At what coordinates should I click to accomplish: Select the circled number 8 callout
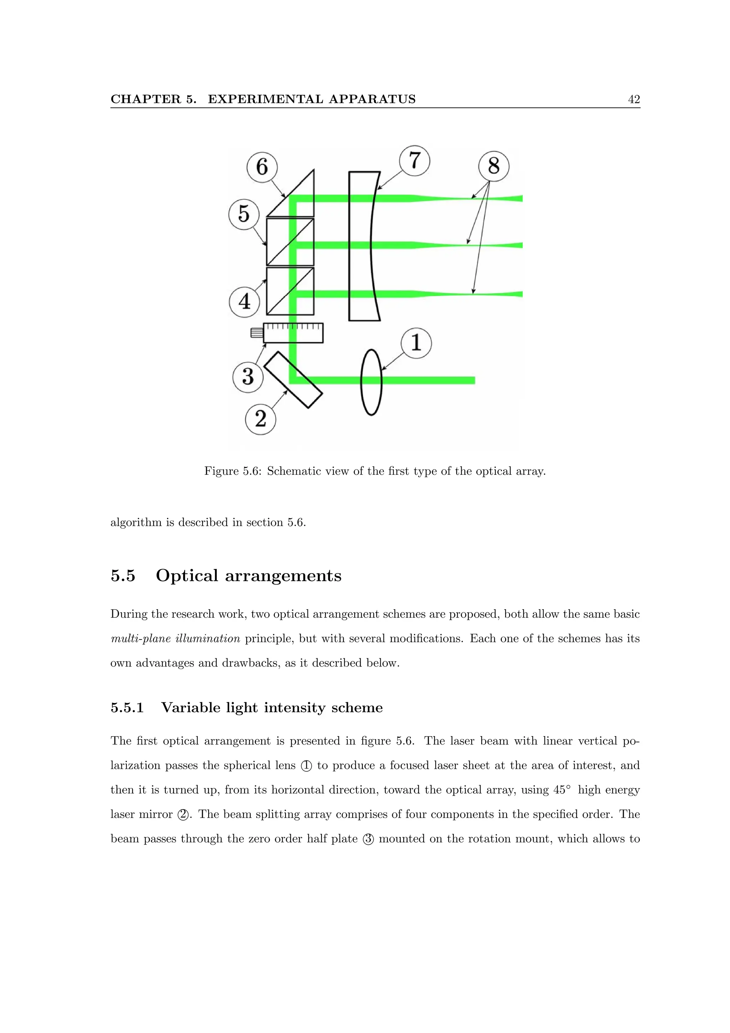pyautogui.click(x=493, y=166)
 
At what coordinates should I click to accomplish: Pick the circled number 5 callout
pyautogui.click(x=244, y=214)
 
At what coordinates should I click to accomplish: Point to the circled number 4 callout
pyautogui.click(x=244, y=302)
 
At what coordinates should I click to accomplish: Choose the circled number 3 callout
pyautogui.click(x=248, y=376)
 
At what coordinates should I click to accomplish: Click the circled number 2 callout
pyautogui.click(x=261, y=419)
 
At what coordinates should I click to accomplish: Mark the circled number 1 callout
pyautogui.click(x=416, y=343)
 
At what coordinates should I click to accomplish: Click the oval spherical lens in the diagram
pyautogui.click(x=371, y=382)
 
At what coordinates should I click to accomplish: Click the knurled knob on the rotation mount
pyautogui.click(x=257, y=333)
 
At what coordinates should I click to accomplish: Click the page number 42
pyautogui.click(x=634, y=99)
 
